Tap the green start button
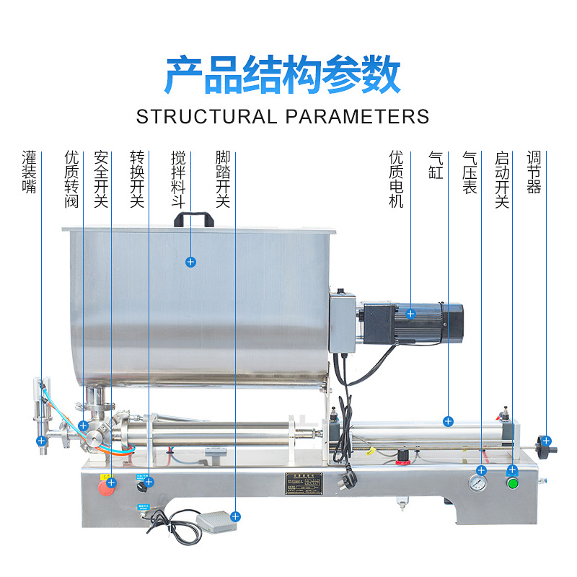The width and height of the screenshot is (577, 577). pos(514,483)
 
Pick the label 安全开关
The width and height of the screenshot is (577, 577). pos(101,179)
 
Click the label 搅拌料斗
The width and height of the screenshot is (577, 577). pos(178,179)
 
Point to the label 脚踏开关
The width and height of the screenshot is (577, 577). pos(223,179)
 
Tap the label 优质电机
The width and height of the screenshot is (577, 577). pos(397,179)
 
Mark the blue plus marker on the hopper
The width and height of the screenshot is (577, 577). pos(190,262)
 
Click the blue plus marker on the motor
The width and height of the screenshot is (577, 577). pos(410,314)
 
